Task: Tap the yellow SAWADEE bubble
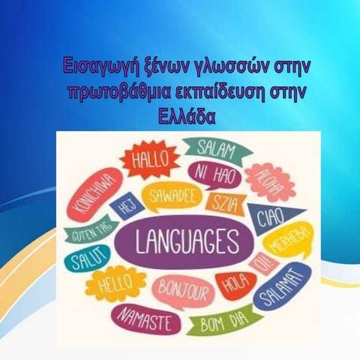169,196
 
